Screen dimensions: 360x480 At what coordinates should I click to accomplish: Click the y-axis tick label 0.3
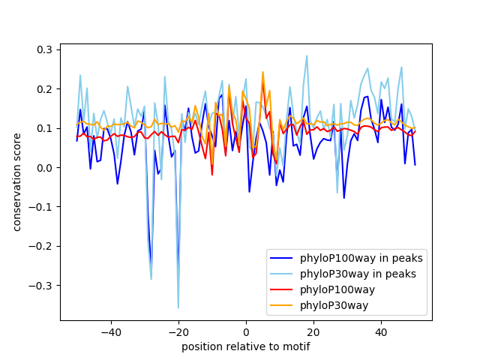point(46,49)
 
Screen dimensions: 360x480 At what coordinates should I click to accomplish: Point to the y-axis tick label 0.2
point(46,88)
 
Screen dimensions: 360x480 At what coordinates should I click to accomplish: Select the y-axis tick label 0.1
point(46,128)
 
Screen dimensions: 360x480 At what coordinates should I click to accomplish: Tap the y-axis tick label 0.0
point(46,167)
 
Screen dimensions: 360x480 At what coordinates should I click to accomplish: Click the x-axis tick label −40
point(110,331)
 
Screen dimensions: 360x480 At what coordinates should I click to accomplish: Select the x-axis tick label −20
point(178,331)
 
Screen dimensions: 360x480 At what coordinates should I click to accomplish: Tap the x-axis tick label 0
point(246,331)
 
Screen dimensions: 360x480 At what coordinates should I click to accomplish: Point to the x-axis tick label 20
point(313,331)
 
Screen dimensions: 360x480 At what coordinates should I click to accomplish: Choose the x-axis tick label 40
point(381,331)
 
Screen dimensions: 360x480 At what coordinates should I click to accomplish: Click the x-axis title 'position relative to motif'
point(245,346)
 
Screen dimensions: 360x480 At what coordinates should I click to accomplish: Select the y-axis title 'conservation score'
point(17,181)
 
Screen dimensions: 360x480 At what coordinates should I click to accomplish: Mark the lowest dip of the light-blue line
point(178,307)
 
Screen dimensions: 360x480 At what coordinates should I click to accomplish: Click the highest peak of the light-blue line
point(307,55)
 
